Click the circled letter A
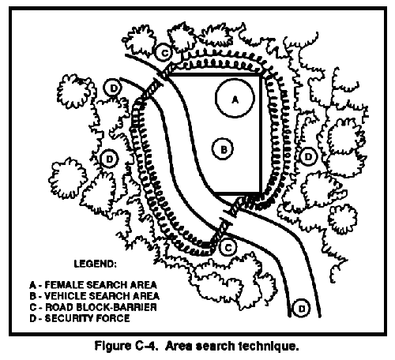point(235,98)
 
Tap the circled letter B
point(223,149)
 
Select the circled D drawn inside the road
point(302,308)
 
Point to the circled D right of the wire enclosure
point(308,157)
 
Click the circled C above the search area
point(164,53)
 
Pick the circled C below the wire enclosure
point(228,247)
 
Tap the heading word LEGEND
point(95,264)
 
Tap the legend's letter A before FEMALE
point(32,285)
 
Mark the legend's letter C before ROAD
point(32,307)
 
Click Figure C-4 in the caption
point(126,346)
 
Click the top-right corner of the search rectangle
point(261,75)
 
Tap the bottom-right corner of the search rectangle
point(261,193)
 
